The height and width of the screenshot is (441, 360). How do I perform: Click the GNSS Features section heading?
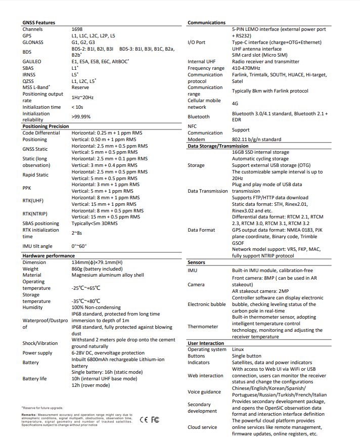click(39, 23)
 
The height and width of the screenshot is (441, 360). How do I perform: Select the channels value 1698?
click(77, 29)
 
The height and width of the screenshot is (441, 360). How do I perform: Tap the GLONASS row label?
click(32, 42)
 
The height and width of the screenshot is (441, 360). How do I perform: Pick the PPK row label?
click(27, 188)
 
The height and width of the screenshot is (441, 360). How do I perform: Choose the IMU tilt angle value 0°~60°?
click(79, 246)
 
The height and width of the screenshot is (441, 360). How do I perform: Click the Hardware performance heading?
click(49, 256)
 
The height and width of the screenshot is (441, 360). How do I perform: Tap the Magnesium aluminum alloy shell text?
click(108, 275)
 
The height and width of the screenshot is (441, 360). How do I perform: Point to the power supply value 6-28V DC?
click(108, 353)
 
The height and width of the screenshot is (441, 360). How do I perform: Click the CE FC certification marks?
click(150, 420)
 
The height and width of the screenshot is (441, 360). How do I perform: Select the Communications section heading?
click(206, 23)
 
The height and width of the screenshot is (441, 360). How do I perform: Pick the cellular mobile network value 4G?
click(235, 104)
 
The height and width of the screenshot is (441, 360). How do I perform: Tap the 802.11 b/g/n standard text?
click(256, 139)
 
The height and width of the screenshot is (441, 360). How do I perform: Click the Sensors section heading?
click(196, 263)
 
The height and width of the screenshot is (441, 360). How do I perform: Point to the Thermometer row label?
click(203, 327)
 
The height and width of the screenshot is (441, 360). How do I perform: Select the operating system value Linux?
click(238, 349)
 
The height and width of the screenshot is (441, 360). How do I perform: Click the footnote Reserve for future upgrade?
click(42, 408)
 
